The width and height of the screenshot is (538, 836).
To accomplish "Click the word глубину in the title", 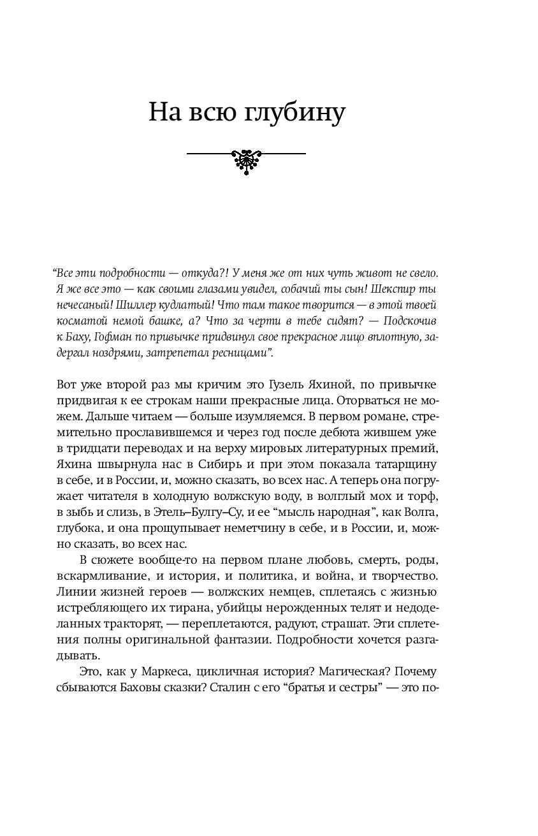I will coord(295,113).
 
